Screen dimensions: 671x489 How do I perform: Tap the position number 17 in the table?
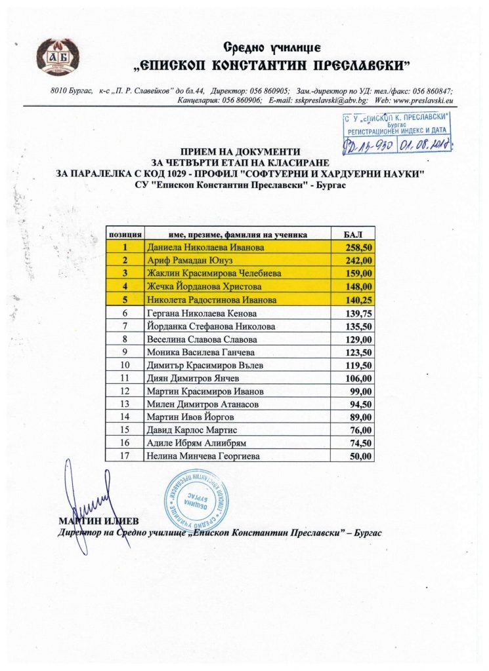tap(125, 455)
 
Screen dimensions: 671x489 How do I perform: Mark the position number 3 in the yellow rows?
tap(125, 273)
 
